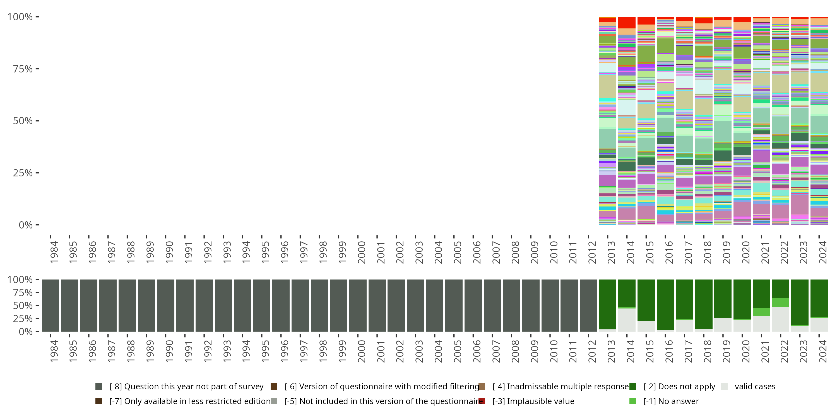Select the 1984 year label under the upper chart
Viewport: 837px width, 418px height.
[54, 252]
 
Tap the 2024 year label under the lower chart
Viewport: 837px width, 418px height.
[823, 351]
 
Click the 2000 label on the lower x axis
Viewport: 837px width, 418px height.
[362, 351]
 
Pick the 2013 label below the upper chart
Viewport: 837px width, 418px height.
[611, 252]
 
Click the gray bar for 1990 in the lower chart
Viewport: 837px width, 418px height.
[165, 305]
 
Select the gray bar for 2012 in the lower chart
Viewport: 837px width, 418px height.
[588, 305]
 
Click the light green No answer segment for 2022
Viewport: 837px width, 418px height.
[780, 302]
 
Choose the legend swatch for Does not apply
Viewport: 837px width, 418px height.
[632, 387]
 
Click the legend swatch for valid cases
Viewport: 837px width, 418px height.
[724, 387]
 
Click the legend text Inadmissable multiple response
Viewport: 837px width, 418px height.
[561, 387]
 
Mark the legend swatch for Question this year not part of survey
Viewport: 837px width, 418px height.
[99, 387]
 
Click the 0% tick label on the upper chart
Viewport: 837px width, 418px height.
[25, 225]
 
